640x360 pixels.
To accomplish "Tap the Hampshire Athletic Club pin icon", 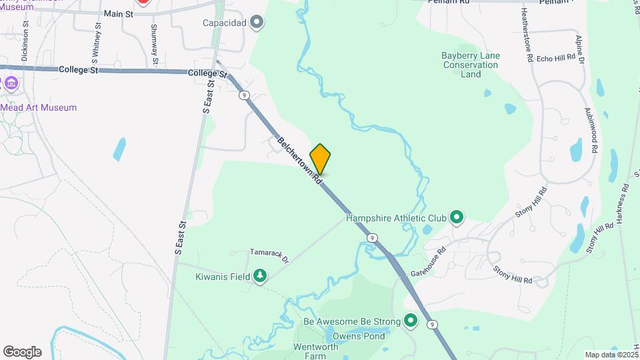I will click(457, 217).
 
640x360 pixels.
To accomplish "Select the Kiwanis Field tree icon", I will click(260, 276).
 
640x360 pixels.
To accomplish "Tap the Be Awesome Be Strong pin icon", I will click(411, 322).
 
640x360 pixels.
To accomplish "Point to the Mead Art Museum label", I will click(38, 107).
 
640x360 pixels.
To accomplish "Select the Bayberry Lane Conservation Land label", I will click(471, 65).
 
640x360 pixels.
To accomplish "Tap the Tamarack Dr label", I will click(269, 253).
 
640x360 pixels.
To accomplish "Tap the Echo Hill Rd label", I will click(555, 58).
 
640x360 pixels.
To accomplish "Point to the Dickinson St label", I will click(25, 41).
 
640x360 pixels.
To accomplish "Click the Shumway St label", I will click(154, 45).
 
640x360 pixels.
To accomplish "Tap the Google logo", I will click(22, 352).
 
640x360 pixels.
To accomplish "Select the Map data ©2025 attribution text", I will click(611, 355).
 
